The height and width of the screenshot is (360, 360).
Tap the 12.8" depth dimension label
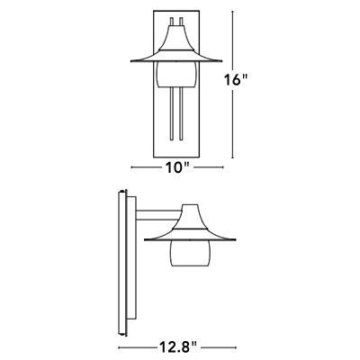click(178, 344)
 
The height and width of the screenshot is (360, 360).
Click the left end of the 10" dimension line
click(132, 168)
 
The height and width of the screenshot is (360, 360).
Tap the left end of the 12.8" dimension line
click(119, 344)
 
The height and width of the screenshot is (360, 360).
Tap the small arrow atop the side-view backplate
click(121, 191)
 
